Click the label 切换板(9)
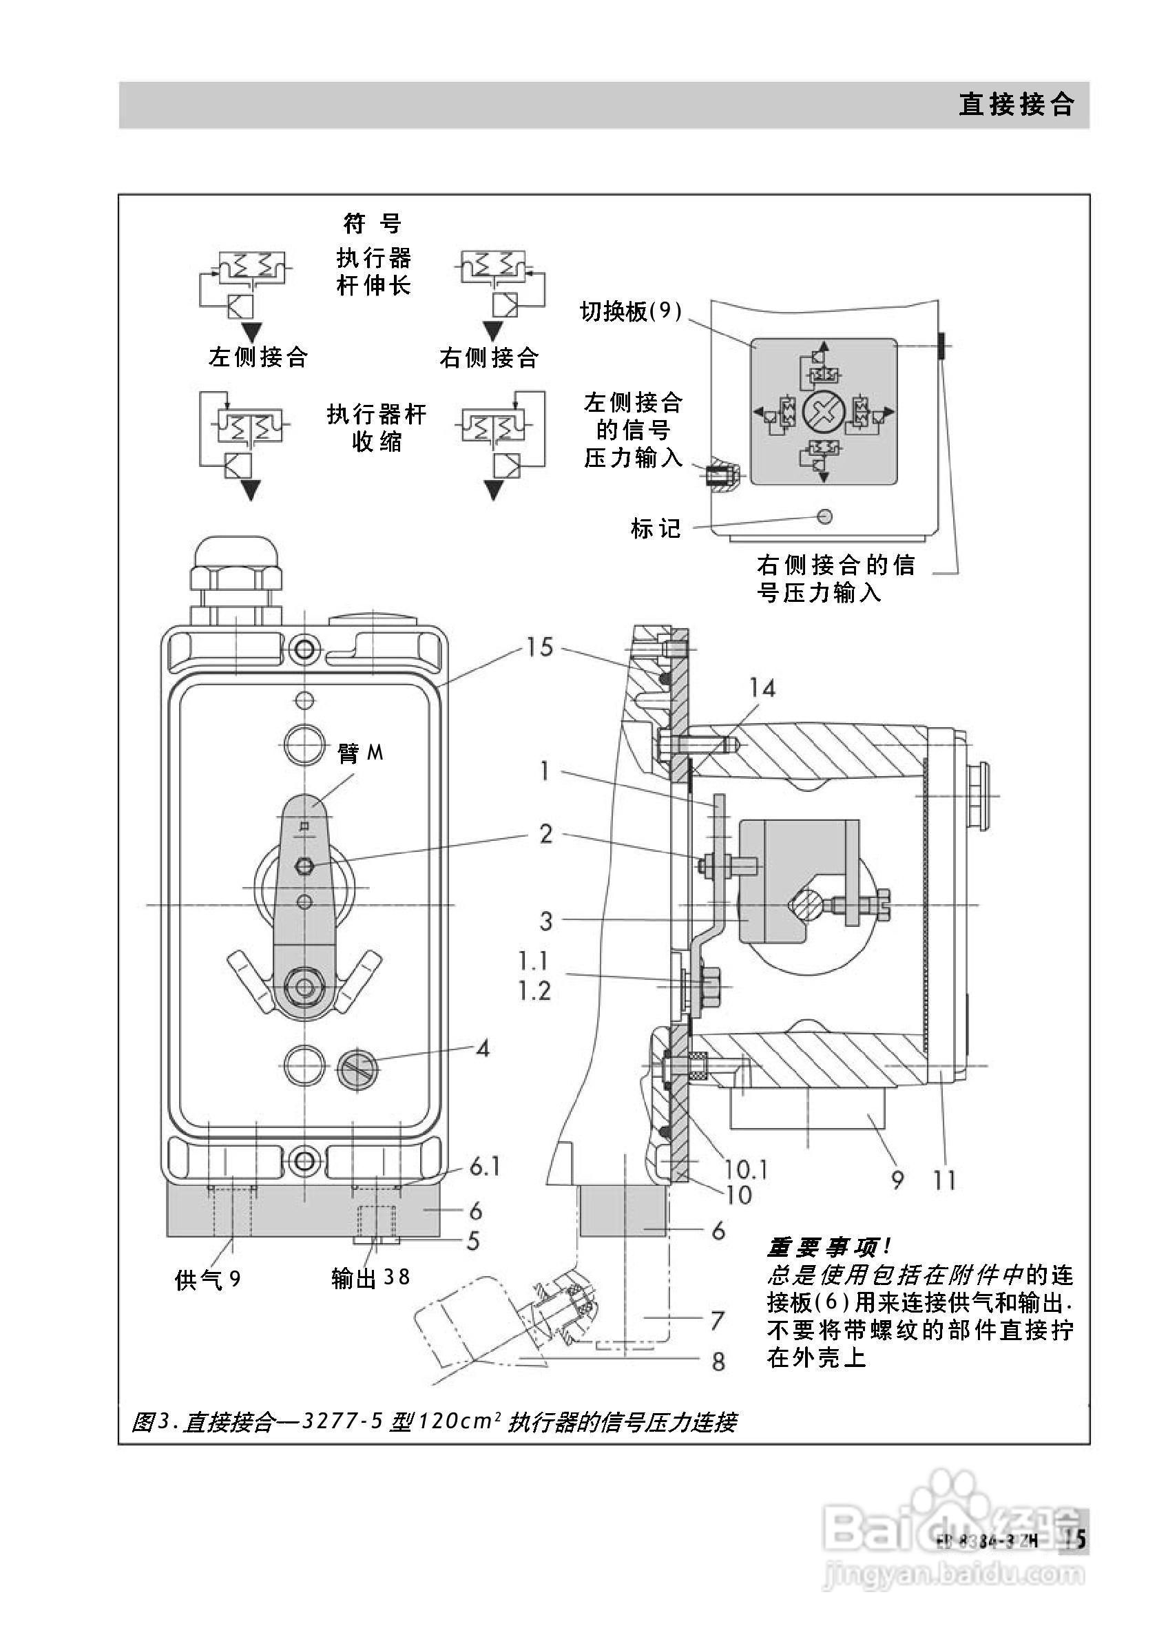click(630, 311)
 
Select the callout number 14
click(762, 688)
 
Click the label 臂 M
click(359, 753)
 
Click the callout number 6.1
click(485, 1167)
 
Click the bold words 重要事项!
click(828, 1247)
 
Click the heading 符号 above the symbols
click(372, 223)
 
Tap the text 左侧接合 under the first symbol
click(258, 356)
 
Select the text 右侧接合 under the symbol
click(489, 357)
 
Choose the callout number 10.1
click(745, 1169)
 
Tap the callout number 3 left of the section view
click(546, 921)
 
